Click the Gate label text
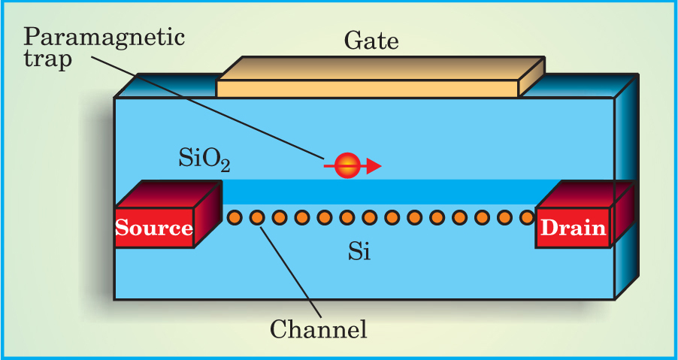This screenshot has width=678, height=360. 371,41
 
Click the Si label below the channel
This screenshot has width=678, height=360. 359,253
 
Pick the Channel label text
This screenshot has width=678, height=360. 318,328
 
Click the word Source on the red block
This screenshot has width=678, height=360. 154,228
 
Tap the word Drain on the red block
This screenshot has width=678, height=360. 572,228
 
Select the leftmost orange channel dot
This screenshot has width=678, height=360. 235,217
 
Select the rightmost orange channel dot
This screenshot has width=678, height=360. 527,217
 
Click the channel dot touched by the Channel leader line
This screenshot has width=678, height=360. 257,217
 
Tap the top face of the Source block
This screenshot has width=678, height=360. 167,194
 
